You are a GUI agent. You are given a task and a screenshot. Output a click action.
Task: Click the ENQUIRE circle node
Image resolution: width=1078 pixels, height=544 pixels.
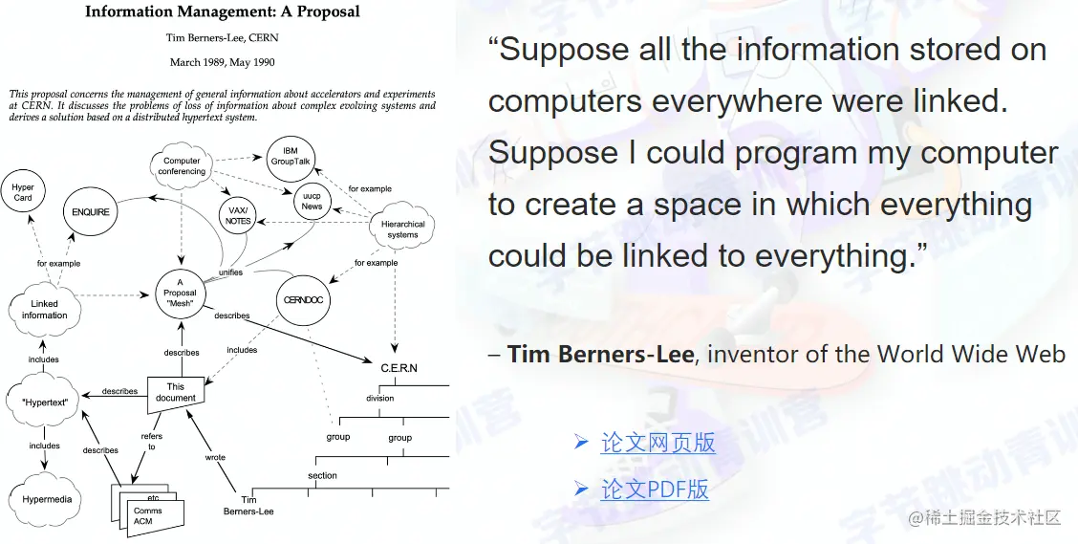click(x=90, y=212)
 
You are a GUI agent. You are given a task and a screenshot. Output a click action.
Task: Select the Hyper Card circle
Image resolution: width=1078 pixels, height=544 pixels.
click(x=23, y=192)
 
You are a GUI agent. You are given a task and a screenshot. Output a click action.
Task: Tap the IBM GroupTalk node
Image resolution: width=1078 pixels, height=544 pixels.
click(x=291, y=160)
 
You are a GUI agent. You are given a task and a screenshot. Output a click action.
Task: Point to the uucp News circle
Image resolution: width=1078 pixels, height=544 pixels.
click(x=312, y=201)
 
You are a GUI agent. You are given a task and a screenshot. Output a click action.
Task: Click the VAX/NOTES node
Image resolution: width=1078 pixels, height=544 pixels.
click(x=238, y=216)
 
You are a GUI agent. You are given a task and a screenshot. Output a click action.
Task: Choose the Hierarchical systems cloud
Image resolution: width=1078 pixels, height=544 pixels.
click(x=403, y=228)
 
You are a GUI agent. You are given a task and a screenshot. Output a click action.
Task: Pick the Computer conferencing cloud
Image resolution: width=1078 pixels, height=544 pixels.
click(x=182, y=165)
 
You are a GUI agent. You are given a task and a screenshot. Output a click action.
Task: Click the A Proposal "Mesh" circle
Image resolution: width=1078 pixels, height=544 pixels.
click(x=180, y=293)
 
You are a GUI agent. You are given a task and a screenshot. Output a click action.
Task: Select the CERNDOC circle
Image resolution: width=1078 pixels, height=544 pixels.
click(x=303, y=300)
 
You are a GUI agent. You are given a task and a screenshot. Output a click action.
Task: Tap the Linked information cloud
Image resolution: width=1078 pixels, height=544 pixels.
click(x=44, y=310)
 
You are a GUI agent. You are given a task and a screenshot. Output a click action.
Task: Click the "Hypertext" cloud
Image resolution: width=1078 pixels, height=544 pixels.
click(x=44, y=402)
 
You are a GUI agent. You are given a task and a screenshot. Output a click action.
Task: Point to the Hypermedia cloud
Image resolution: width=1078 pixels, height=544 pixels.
click(x=46, y=499)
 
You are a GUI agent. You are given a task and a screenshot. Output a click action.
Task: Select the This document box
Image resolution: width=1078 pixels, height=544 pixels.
click(x=176, y=395)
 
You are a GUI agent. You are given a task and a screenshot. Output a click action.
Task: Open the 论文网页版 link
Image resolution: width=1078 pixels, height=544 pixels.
click(x=658, y=443)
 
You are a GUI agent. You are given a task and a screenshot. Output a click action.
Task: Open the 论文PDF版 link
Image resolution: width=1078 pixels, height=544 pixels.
click(x=655, y=489)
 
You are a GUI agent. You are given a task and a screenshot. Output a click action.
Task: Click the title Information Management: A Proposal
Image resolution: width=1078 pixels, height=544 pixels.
click(x=222, y=11)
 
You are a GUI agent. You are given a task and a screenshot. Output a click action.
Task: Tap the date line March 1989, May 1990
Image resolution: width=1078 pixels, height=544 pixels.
click(x=222, y=62)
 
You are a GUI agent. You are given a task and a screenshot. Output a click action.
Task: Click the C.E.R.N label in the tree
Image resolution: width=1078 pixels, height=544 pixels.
click(x=399, y=368)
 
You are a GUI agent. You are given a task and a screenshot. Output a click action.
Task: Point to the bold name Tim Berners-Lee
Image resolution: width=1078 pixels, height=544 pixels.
click(x=600, y=354)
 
